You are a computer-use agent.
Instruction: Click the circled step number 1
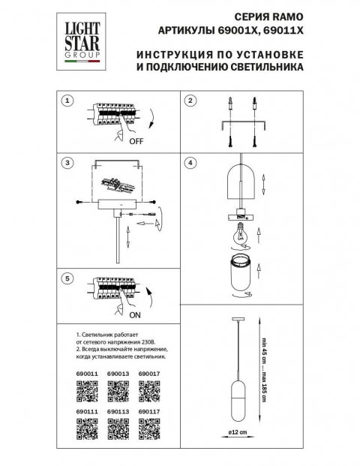point(67,100)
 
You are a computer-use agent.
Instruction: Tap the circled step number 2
point(190,100)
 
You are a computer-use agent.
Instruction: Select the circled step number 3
point(67,162)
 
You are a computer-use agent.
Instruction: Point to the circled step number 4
point(190,162)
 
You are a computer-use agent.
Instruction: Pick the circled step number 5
point(67,278)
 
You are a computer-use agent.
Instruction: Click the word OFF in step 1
point(137,140)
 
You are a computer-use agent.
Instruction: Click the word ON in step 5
point(136,317)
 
